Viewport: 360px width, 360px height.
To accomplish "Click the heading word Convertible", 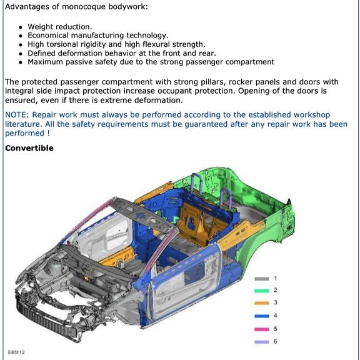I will pos(29,148).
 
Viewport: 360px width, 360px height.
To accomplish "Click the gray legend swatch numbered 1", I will pos(262,278).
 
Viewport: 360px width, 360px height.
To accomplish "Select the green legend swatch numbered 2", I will pos(262,291).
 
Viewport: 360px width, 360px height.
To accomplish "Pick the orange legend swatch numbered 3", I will pos(262,303).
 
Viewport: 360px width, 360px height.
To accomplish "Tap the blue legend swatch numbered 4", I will pos(262,316).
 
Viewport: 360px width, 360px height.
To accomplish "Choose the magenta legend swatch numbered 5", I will pos(262,328).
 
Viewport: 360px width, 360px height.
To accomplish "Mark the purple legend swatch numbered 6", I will pos(262,341).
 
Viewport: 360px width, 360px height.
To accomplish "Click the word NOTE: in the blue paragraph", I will pos(17,115).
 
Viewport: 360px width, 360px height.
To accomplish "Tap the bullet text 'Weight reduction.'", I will pos(59,27).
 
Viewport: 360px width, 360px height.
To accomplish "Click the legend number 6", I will pos(275,341).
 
